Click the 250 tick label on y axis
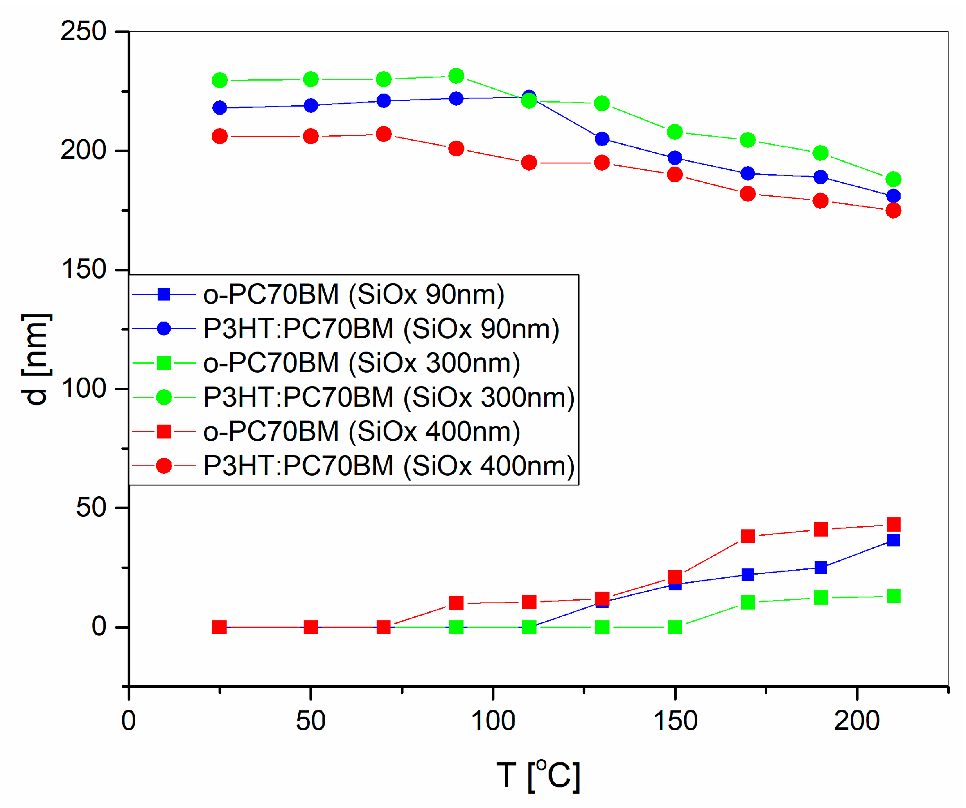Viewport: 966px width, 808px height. pos(83,32)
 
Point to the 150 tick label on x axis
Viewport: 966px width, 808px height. pos(676,721)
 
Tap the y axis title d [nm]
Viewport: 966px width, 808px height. pos(36,360)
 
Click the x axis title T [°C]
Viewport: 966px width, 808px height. pos(539,777)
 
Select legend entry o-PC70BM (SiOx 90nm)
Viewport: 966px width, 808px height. pos(354,294)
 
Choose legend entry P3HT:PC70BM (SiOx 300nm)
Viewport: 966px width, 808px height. pos(389,397)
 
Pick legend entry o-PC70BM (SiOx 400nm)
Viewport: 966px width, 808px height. pos(361,432)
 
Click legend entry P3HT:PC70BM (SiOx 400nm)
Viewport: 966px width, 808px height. pos(389,466)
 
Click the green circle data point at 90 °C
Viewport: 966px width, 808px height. pos(456,76)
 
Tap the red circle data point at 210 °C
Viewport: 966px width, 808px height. pos(894,211)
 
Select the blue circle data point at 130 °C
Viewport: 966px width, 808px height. pos(603,139)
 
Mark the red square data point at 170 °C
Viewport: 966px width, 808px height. pos(748,537)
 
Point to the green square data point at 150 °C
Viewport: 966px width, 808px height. pos(675,627)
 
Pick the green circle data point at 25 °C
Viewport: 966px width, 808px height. pos(220,81)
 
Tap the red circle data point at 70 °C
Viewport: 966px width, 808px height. pos(384,134)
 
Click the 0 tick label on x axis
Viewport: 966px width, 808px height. pos(129,721)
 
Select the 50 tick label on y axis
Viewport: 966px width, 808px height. pos(91,508)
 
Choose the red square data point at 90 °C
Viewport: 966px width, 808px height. pos(456,603)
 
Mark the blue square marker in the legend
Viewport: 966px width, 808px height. pos(164,294)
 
